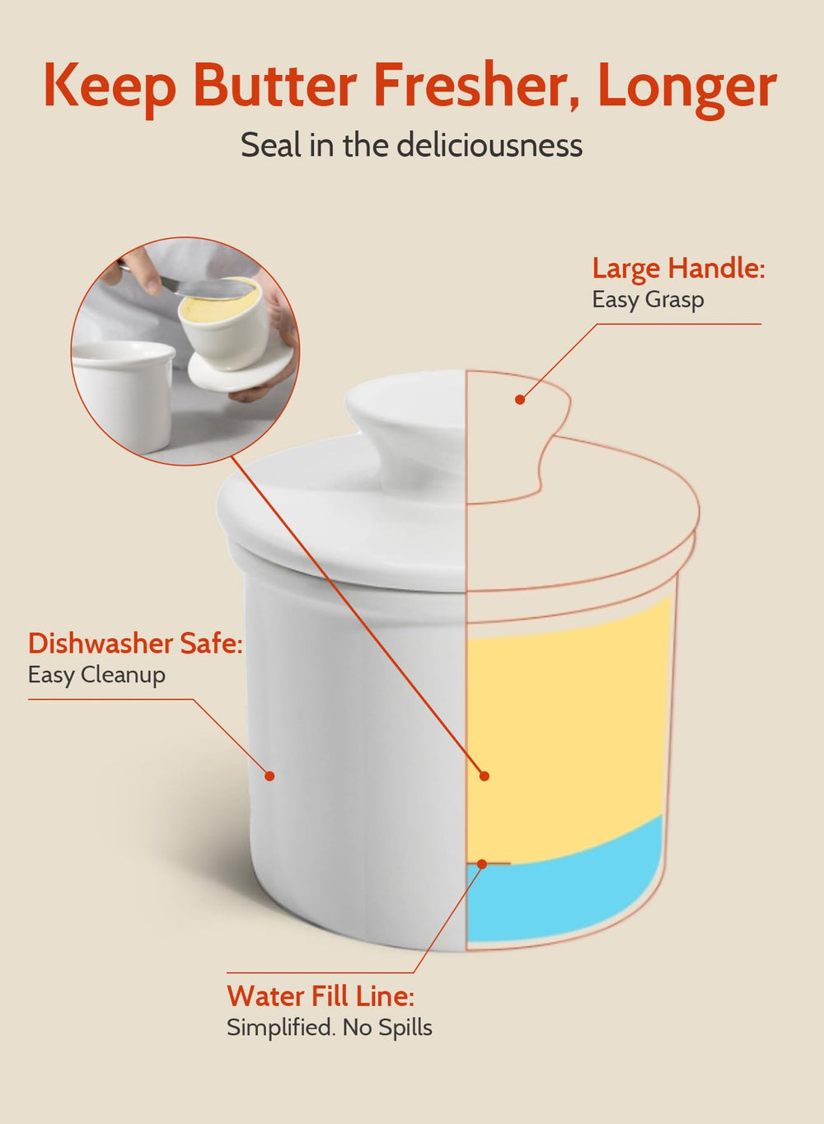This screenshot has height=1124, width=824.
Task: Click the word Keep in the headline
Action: pos(110,87)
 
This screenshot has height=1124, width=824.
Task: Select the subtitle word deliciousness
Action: pos(489,145)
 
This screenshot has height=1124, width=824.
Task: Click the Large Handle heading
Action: pos(678,268)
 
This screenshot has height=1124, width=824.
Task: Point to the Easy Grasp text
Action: pos(648,300)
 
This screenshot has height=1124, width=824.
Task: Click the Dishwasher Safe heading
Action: pos(135,643)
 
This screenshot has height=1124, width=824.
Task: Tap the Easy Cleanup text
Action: pos(96,675)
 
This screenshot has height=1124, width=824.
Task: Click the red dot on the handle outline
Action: pos(520,400)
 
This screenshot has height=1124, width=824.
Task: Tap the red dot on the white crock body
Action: pos(269,775)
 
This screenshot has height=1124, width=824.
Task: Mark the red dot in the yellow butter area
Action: pos(485,775)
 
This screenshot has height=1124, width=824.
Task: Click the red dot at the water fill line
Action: pos(482,864)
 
